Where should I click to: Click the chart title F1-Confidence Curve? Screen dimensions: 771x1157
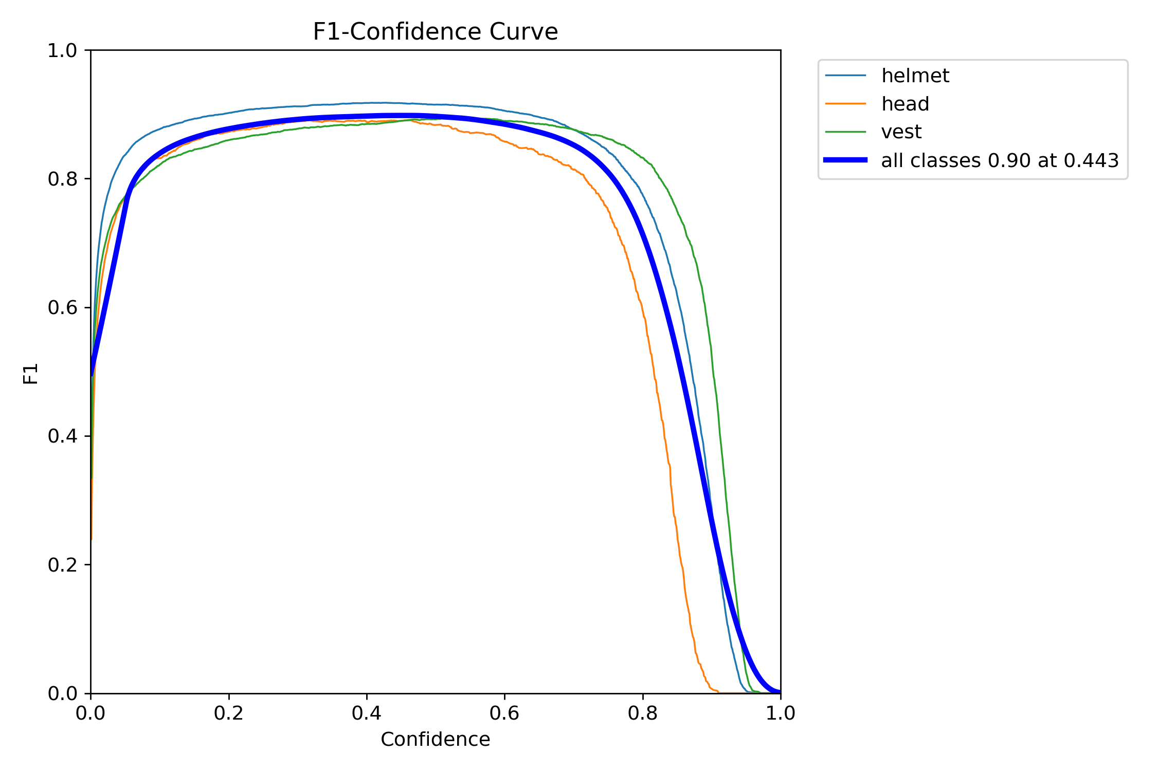(435, 32)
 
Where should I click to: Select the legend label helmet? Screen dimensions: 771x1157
(915, 76)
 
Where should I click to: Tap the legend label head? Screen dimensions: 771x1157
(905, 104)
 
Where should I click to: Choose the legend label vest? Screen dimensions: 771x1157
(901, 132)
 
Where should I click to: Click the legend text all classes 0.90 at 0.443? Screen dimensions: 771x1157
(1000, 161)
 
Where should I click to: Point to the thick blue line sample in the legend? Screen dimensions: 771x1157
(845, 160)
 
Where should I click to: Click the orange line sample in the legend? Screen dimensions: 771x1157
(845, 104)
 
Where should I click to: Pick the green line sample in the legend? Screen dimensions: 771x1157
(845, 132)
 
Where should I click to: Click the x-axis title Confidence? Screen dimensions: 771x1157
(435, 740)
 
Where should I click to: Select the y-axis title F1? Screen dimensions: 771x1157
(31, 374)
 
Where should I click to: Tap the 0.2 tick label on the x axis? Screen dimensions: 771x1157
(228, 713)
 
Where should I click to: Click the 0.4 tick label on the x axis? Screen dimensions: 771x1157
(367, 713)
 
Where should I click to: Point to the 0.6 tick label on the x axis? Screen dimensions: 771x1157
(504, 713)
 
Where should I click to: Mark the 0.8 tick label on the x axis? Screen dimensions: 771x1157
(642, 713)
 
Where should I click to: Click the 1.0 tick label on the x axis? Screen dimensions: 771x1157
(781, 713)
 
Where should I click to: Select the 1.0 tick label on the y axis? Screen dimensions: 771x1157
(62, 51)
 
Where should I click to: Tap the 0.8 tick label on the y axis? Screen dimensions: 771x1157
(62, 179)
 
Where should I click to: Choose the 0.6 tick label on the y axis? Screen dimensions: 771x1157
(62, 308)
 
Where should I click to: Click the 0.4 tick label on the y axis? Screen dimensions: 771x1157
(62, 436)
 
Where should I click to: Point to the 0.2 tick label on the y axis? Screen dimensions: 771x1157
(62, 565)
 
